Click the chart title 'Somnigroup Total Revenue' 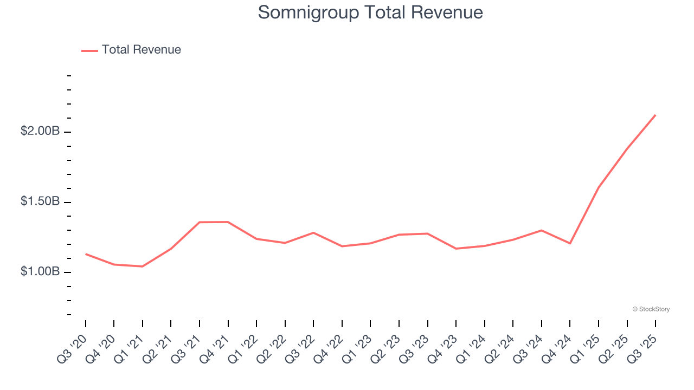(370, 12)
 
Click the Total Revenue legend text (141, 50)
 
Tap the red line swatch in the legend (89, 50)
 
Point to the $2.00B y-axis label (40, 131)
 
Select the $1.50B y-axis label (40, 201)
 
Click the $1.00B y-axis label (40, 271)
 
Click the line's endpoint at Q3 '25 (656, 115)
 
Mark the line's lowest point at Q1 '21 (143, 266)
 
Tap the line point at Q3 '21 (200, 222)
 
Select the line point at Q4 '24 (570, 243)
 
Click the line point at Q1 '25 (599, 187)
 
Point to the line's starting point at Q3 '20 (86, 253)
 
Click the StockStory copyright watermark (651, 309)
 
